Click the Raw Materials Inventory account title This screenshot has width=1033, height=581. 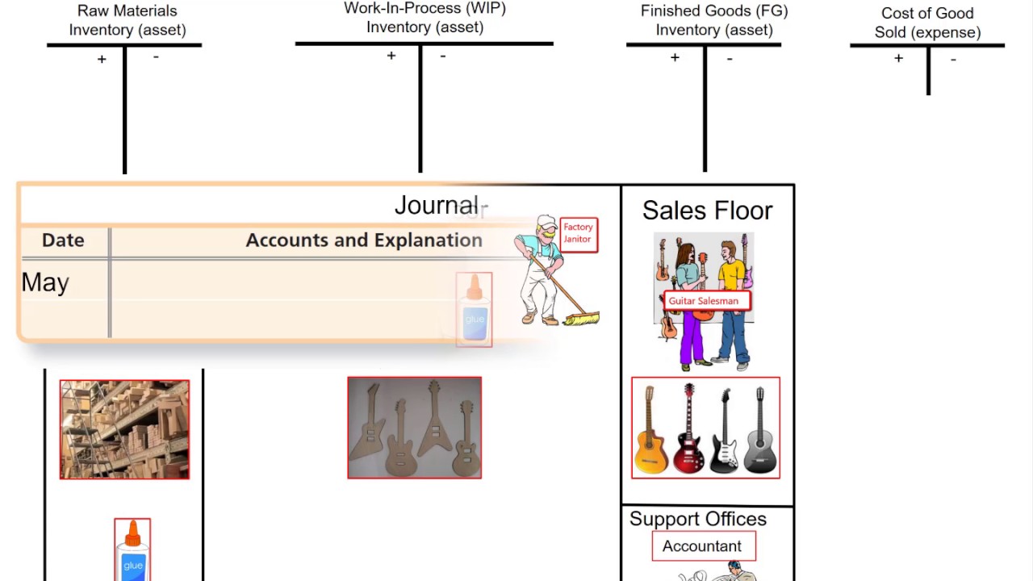(127, 20)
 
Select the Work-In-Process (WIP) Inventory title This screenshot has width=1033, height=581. (424, 18)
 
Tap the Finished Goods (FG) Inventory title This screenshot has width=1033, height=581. (713, 20)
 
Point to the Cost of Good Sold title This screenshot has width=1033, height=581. (927, 23)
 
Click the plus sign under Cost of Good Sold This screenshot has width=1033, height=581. (898, 58)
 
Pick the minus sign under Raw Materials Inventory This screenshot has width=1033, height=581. (156, 56)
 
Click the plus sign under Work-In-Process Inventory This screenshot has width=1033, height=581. (391, 56)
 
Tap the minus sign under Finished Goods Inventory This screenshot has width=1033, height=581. (730, 58)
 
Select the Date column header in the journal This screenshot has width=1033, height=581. (63, 240)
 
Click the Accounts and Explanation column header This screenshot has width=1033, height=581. (364, 240)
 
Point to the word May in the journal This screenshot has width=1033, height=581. (45, 282)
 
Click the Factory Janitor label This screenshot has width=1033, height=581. (578, 233)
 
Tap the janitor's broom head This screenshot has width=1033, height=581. (581, 320)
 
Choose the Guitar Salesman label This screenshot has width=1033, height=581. (703, 301)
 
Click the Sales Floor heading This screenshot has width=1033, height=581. (707, 211)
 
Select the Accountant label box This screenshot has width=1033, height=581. (702, 546)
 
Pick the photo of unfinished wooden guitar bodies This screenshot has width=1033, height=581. (414, 428)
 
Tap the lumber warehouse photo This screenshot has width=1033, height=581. (124, 429)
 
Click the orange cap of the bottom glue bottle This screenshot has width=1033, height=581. (132, 535)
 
